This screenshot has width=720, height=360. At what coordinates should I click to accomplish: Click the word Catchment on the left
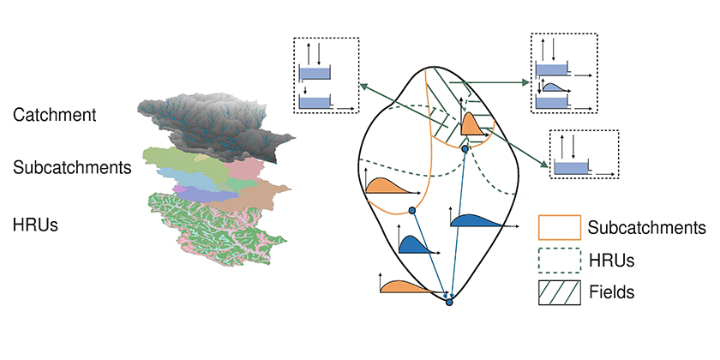(55, 114)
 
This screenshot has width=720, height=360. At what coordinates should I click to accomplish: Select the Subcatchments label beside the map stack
(72, 167)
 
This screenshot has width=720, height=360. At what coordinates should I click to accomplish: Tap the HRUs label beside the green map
(35, 225)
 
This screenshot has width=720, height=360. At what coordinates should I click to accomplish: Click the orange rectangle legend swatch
(560, 227)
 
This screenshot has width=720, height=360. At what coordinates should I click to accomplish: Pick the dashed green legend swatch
(560, 261)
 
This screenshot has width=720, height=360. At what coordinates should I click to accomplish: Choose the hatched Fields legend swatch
(560, 292)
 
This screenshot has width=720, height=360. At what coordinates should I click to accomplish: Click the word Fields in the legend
(611, 292)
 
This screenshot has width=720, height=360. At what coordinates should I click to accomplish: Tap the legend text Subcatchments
(647, 227)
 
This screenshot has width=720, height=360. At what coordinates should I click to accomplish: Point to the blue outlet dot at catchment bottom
(449, 302)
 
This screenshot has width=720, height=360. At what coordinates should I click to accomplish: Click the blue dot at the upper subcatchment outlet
(465, 149)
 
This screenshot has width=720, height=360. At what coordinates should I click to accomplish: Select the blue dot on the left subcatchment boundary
(412, 210)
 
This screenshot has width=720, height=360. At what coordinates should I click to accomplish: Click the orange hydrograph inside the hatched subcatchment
(472, 124)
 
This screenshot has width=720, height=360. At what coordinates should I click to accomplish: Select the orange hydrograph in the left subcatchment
(388, 186)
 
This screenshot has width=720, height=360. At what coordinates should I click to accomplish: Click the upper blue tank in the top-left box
(315, 74)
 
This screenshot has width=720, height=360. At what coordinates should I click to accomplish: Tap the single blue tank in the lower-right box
(570, 168)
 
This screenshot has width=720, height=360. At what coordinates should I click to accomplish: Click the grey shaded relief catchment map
(211, 124)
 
